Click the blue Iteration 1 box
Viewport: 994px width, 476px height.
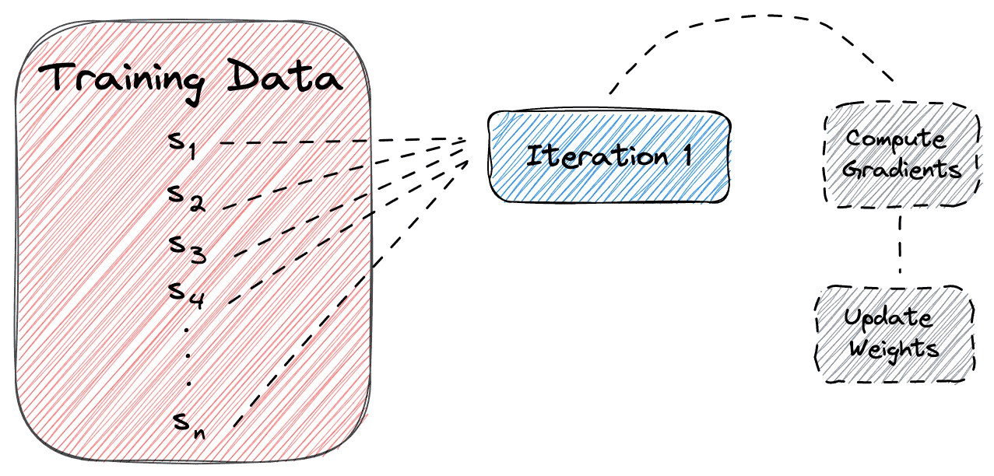pyautogui.click(x=609, y=157)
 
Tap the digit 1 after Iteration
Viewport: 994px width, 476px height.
pyautogui.click(x=687, y=156)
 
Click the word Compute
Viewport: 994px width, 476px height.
pyautogui.click(x=896, y=140)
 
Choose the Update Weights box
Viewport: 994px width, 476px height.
pyautogui.click(x=894, y=332)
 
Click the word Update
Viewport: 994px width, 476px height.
pyautogui.click(x=887, y=318)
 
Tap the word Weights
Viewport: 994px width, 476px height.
pyautogui.click(x=893, y=347)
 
